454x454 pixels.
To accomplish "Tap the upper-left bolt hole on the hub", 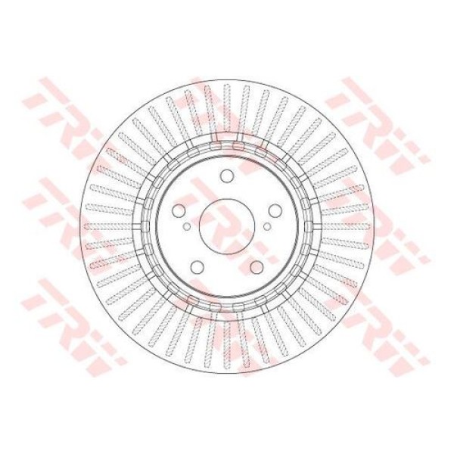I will point(179,211).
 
